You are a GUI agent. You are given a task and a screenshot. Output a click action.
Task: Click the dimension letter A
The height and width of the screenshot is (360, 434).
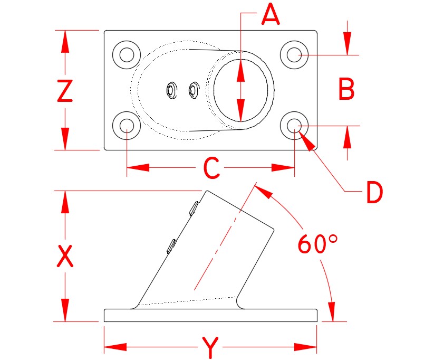click(270, 15)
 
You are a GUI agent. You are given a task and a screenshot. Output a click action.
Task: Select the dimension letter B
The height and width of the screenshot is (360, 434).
click(346, 90)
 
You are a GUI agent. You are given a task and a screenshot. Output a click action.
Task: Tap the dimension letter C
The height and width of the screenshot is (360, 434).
click(211, 168)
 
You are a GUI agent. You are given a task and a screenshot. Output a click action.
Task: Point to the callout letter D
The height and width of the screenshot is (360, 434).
click(374, 193)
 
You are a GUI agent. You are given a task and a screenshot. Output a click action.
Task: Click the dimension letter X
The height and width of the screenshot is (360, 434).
click(64, 257)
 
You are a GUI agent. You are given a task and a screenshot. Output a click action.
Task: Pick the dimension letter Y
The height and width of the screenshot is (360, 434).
click(210, 348)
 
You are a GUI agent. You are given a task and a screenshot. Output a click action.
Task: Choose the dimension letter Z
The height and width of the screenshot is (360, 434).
click(64, 91)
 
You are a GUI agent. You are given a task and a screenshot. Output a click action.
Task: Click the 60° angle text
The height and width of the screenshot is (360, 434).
click(317, 244)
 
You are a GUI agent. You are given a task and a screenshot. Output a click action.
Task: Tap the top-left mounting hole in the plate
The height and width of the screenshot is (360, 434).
click(127, 54)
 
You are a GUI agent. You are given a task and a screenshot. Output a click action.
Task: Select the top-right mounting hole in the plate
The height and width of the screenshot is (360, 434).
click(294, 54)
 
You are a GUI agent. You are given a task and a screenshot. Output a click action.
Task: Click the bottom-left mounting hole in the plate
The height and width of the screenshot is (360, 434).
click(127, 125)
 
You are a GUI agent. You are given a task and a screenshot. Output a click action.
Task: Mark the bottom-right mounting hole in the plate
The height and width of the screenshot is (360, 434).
click(294, 125)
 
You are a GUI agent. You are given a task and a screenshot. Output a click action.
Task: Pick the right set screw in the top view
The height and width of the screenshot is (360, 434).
click(193, 90)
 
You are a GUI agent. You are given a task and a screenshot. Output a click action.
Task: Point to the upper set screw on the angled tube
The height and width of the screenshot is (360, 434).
click(194, 208)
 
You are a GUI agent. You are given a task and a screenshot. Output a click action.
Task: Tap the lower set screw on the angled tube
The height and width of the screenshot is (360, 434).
click(171, 245)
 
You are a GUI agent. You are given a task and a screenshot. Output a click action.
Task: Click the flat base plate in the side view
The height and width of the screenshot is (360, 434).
click(211, 315)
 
